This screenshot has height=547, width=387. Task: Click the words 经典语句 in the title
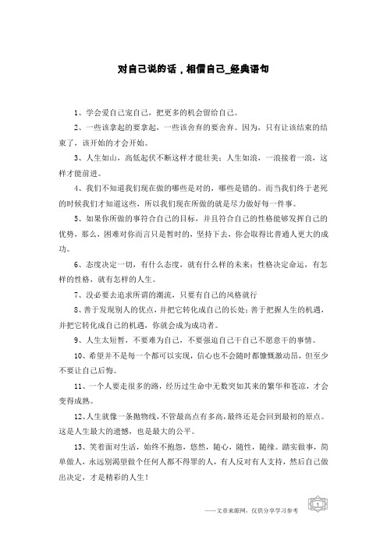[248, 69]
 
